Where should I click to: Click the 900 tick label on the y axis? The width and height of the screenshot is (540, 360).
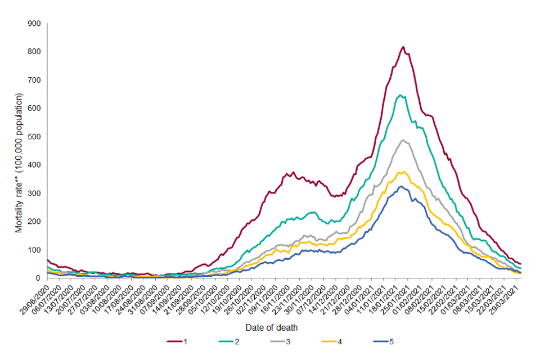[x=34, y=24]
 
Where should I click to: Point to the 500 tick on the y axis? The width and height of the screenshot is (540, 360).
[x=34, y=137]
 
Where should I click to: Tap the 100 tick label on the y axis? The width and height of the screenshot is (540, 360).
[x=34, y=250]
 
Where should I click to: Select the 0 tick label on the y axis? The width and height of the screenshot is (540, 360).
[x=38, y=278]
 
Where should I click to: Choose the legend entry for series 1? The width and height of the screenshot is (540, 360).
[x=178, y=341]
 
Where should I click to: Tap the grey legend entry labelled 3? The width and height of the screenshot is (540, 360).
[x=276, y=341]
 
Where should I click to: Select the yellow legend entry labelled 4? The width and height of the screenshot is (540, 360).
[x=325, y=341]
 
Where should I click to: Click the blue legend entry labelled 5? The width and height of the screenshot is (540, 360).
[x=373, y=341]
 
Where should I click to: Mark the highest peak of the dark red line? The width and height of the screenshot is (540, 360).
[x=403, y=47]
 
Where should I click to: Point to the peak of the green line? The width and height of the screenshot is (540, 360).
[x=400, y=95]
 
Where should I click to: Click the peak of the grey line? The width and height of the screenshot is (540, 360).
[x=403, y=140]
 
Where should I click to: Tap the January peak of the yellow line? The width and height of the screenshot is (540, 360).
[x=403, y=172]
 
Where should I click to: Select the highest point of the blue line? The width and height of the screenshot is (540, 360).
[x=401, y=186]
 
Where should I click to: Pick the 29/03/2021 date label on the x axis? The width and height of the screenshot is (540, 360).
[x=512, y=295]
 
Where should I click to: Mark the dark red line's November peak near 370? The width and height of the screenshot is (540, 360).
[x=293, y=172]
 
